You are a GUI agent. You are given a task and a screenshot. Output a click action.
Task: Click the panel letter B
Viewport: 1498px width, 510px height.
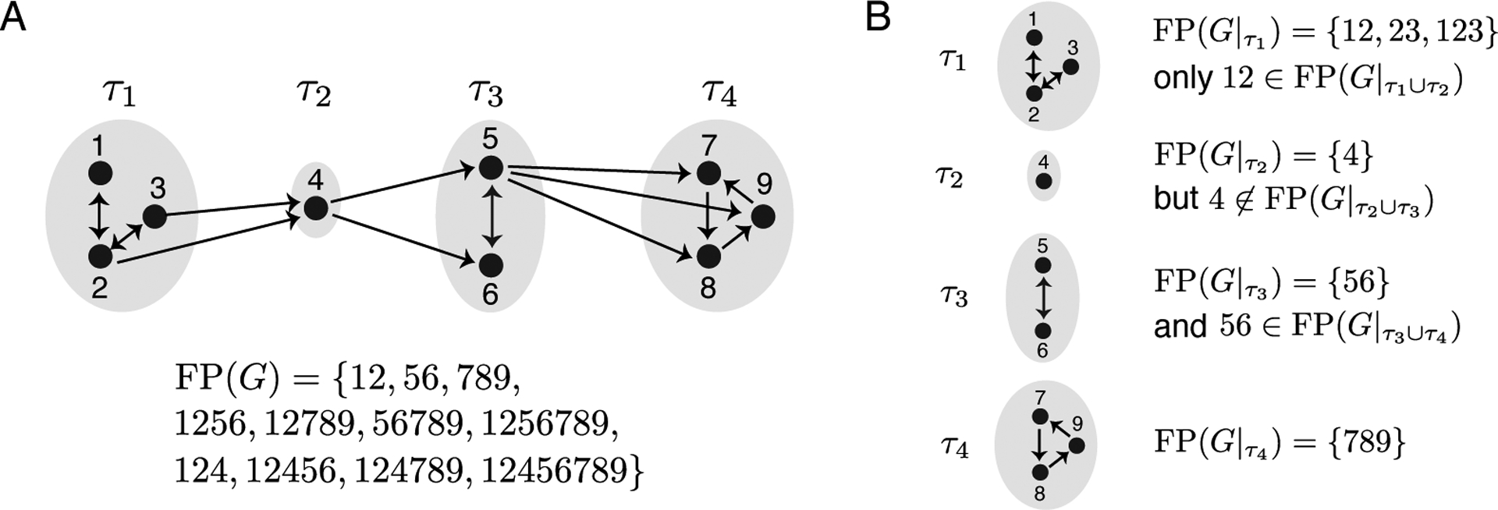pos(879,17)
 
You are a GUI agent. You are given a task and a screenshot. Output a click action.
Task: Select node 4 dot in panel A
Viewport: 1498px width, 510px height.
pos(315,208)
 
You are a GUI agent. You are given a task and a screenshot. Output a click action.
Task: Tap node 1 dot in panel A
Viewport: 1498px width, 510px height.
pos(99,172)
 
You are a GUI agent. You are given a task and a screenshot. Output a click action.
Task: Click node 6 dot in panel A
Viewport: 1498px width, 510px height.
pos(490,265)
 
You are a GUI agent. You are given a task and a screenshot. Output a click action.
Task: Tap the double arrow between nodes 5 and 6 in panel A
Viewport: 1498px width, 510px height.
pos(490,216)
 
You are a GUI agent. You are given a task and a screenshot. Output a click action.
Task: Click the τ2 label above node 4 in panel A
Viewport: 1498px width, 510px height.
pos(314,94)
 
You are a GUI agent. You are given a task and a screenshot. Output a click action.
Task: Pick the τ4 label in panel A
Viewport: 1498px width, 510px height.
pos(718,94)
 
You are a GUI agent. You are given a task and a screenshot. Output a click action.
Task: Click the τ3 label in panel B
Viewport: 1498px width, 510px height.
pos(954,297)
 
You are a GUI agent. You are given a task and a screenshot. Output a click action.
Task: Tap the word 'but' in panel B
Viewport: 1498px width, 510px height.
pos(1177,199)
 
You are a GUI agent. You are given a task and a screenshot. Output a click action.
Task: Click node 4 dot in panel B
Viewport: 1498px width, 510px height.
pos(1044,181)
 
